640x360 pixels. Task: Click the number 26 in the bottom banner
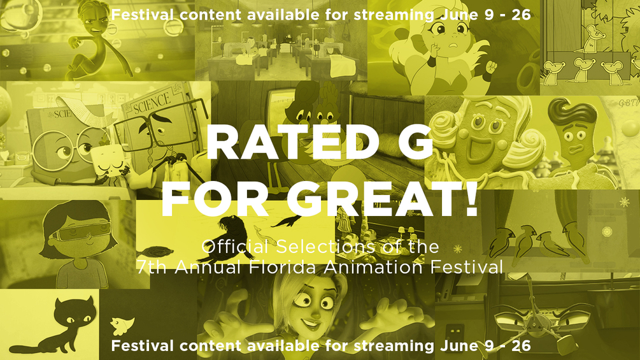(518, 346)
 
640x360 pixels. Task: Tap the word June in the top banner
(454, 14)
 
